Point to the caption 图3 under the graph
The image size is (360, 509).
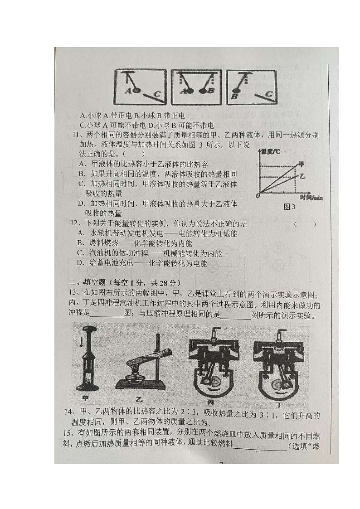tap(289, 207)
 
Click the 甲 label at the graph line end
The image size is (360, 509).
tap(302, 165)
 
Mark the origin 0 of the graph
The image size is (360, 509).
tap(258, 195)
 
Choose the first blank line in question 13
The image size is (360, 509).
tap(107, 316)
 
